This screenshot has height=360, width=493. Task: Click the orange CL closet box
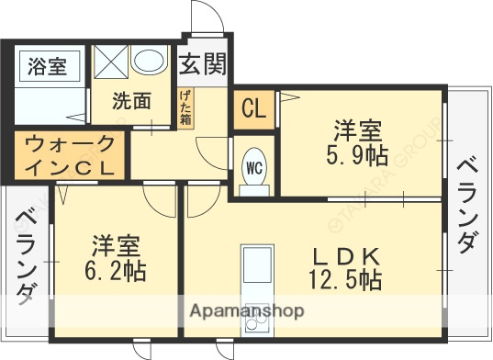coord(253,108)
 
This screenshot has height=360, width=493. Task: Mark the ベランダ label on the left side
coord(25,256)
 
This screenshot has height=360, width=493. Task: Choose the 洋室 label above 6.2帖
coord(117,246)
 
